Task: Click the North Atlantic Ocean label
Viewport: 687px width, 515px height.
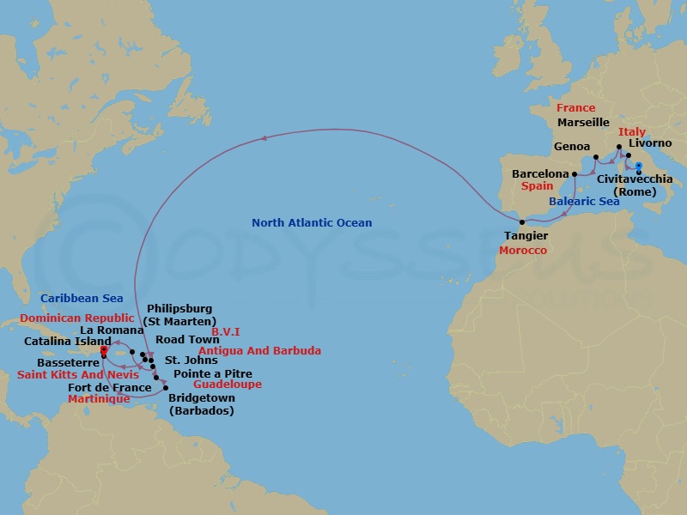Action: click(x=312, y=223)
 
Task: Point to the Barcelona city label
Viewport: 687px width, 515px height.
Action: click(x=540, y=173)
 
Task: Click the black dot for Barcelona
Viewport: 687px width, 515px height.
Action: click(x=575, y=174)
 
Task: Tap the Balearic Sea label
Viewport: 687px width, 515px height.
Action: click(x=583, y=202)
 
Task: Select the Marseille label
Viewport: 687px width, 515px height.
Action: click(x=583, y=123)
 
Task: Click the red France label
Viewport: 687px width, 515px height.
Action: click(x=575, y=108)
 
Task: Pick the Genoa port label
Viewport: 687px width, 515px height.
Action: click(x=572, y=147)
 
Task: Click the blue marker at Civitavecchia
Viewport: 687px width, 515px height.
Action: click(x=638, y=167)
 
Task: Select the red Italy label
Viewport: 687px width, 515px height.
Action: click(x=632, y=132)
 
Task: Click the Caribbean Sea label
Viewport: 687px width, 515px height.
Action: click(x=82, y=299)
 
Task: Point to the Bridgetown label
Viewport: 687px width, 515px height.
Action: click(x=201, y=399)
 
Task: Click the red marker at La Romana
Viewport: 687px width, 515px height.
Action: click(x=103, y=350)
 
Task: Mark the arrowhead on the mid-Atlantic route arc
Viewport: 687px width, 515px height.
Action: click(x=265, y=137)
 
